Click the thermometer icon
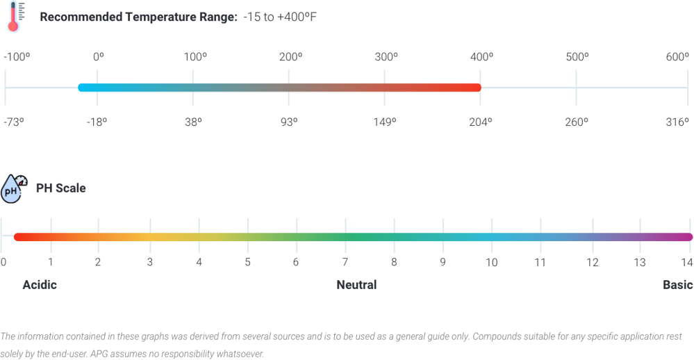coord(14,17)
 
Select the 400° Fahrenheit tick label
coord(481,57)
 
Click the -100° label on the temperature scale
coord(17,57)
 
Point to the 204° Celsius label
coord(481,122)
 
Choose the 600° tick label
coord(677,57)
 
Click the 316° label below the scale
coord(677,122)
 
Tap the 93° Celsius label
coord(289,122)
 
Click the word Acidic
coord(40,285)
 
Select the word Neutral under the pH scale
coord(356,285)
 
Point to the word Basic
coord(677,285)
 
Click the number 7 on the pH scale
coord(345,263)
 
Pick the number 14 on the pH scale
coord(686,263)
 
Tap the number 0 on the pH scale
coord(3,263)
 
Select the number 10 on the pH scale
coord(491,263)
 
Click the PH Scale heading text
coord(60,188)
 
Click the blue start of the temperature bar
coord(83,88)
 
